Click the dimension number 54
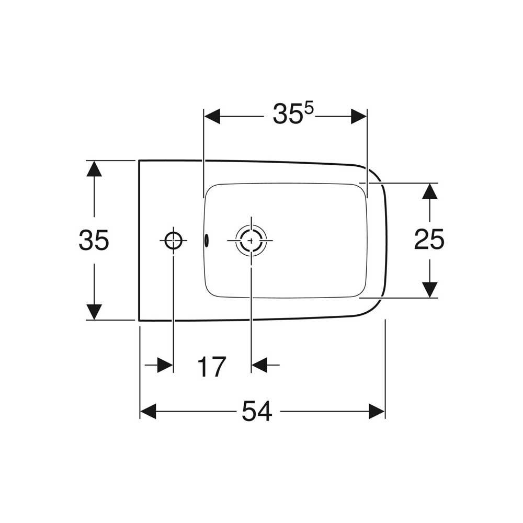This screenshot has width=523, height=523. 257,411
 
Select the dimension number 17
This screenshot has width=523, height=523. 212,367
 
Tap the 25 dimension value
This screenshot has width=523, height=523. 429,239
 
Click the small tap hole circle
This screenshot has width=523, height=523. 174,241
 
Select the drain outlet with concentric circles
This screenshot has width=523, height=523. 251,240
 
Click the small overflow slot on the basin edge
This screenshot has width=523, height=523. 207,240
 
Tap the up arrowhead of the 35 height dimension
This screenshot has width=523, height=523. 94,168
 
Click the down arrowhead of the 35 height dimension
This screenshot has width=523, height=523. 94,312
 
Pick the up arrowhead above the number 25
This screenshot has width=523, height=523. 429,191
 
